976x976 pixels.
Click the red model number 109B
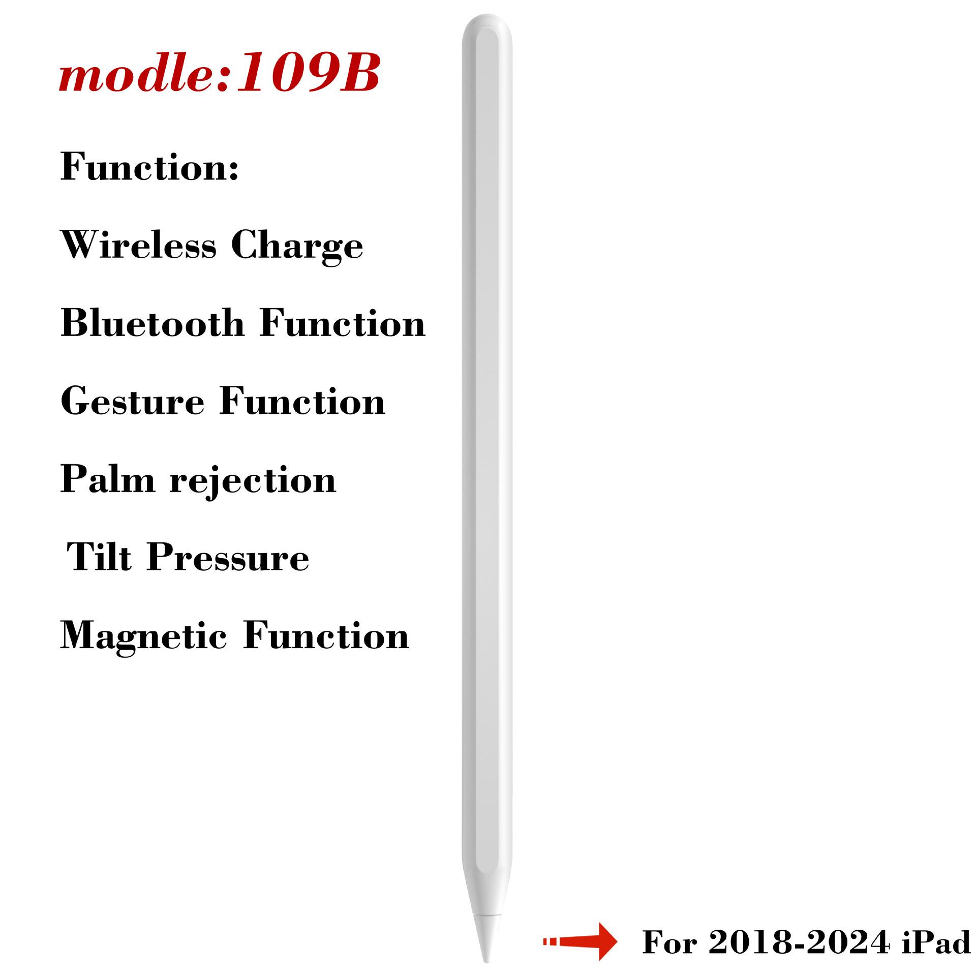308,73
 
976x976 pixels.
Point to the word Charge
297,248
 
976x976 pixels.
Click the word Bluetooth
152,323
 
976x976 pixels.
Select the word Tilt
99,557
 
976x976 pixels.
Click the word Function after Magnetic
326,636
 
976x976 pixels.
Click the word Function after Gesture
302,402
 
